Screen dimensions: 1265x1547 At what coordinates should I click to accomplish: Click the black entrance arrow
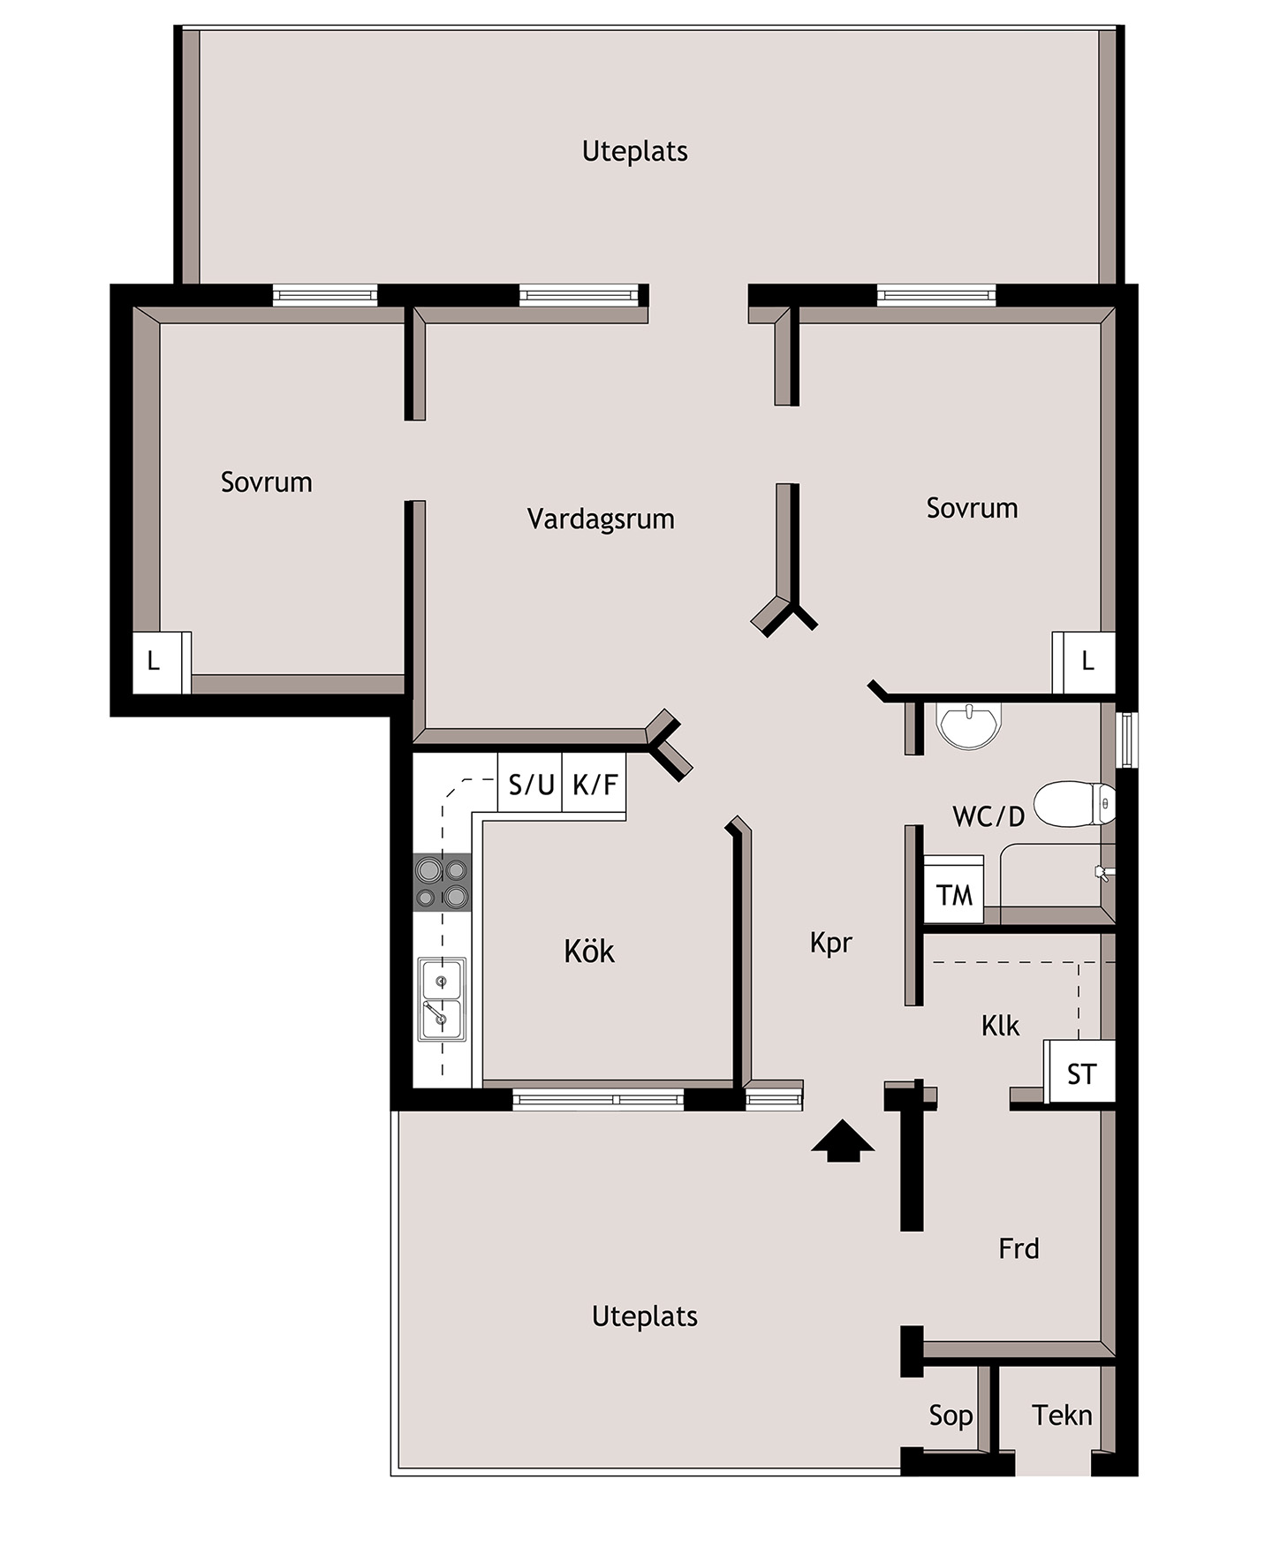click(x=842, y=1141)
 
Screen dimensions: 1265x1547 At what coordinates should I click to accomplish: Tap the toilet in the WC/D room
click(x=1073, y=804)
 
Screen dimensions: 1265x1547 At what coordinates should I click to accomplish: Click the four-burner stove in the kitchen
click(x=443, y=883)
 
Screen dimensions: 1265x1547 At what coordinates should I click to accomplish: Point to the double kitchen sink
click(x=442, y=999)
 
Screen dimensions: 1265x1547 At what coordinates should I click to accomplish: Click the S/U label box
click(x=530, y=783)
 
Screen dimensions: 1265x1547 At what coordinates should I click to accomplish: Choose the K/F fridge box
click(x=595, y=783)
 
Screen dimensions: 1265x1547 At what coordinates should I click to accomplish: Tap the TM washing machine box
click(x=954, y=893)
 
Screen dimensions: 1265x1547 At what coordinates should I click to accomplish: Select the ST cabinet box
click(x=1081, y=1073)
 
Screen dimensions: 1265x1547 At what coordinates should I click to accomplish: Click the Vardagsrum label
click(x=601, y=519)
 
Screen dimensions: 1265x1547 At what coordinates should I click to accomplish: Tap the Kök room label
click(x=589, y=952)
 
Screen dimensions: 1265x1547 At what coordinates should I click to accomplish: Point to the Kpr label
click(x=831, y=943)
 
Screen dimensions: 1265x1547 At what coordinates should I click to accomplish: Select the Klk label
click(x=1000, y=1026)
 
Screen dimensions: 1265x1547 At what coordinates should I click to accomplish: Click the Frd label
click(x=1019, y=1248)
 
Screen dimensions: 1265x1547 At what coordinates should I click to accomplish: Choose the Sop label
click(x=951, y=1416)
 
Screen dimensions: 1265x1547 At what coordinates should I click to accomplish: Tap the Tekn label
click(x=1062, y=1415)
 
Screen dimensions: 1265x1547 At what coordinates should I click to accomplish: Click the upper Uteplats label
click(x=634, y=152)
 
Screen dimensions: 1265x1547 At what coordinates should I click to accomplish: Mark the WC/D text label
click(x=989, y=816)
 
